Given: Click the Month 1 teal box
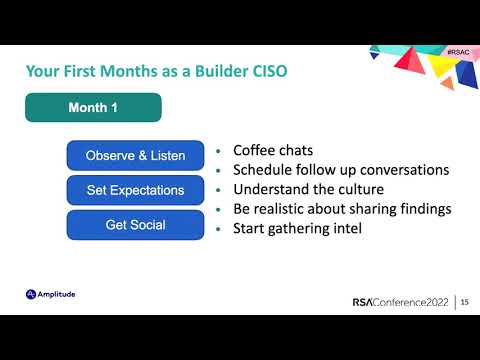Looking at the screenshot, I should pos(93,107).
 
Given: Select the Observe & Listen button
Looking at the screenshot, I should pos(135,155).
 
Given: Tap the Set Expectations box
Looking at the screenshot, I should pos(135,190).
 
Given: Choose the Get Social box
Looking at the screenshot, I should pos(135,225).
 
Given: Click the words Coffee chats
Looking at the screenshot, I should pos(273,151).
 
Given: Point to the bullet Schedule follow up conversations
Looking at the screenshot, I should pos(340,170).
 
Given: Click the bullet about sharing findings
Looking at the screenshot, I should pos(342,208).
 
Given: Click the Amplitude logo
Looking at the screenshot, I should pos(51,294).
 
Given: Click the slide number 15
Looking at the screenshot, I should pos(465,302).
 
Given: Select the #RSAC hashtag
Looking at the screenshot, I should pos(458,50).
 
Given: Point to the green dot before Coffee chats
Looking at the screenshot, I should pos(219,152).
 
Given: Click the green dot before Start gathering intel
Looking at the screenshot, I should pos(219,229).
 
